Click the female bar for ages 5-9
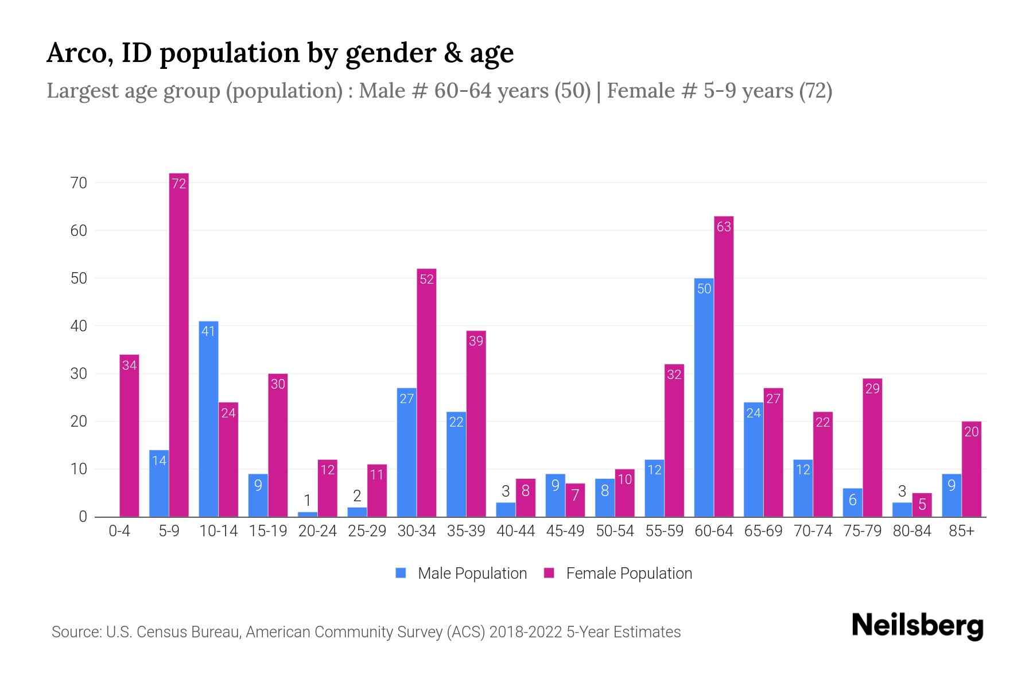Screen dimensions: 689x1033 click(x=178, y=344)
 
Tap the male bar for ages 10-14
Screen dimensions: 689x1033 click(x=208, y=419)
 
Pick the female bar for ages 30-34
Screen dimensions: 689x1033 click(x=426, y=393)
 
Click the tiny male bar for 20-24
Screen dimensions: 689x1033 click(x=308, y=514)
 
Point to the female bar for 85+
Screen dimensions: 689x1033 click(x=971, y=469)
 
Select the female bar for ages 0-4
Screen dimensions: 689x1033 click(x=129, y=436)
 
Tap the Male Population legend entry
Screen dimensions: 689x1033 click(x=461, y=573)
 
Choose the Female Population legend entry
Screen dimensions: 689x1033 click(x=619, y=573)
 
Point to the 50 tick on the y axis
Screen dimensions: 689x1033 click(x=79, y=278)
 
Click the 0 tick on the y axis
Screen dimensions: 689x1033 click(x=83, y=517)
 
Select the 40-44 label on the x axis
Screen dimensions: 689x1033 click(x=515, y=531)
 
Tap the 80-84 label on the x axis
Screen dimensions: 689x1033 click(x=912, y=531)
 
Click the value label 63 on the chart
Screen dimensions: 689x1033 click(x=724, y=227)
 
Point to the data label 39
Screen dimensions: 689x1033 click(x=476, y=341)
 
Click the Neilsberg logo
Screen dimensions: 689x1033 click(x=917, y=626)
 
